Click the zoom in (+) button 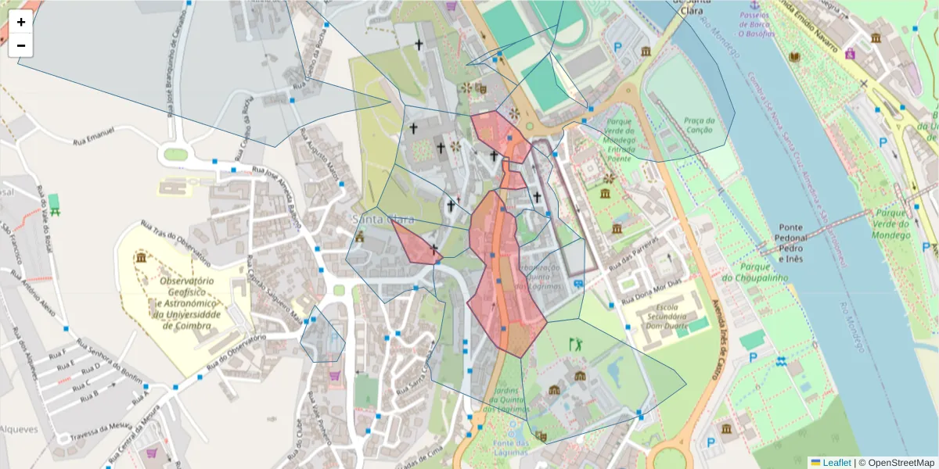point(21,22)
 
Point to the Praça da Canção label point(700,125)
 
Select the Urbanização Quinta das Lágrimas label point(547,277)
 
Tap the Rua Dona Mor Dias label point(653,292)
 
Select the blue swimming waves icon point(781,361)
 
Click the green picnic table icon point(54,205)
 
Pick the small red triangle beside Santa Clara point(415,242)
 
